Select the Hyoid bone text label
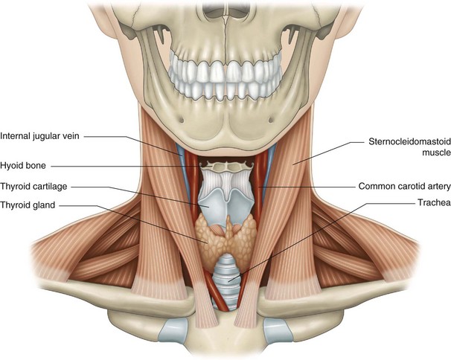pyautogui.click(x=26, y=165)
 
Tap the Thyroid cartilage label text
pyautogui.click(x=37, y=186)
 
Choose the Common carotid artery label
pyautogui.click(x=403, y=186)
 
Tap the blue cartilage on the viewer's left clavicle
pyautogui.click(x=173, y=327)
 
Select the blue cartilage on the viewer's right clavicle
pyautogui.click(x=275, y=327)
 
